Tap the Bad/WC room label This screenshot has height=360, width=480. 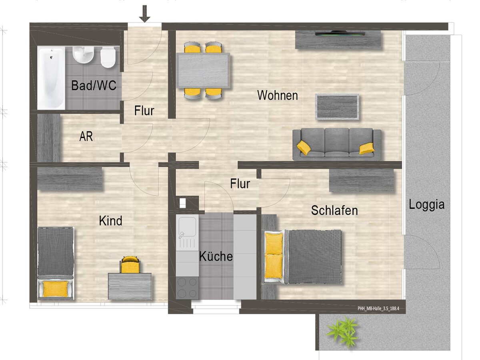click(94, 85)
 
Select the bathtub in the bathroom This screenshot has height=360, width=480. click(51, 78)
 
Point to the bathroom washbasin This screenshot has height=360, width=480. click(83, 55)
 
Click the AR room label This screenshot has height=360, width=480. click(86, 136)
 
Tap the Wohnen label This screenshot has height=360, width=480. click(277, 96)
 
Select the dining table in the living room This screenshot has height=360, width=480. click(203, 70)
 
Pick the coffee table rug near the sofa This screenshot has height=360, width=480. click(337, 107)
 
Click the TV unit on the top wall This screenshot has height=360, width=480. click(338, 40)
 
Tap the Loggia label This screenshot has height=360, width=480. click(427, 205)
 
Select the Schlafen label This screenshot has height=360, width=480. click(334, 210)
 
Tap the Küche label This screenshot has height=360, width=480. click(216, 256)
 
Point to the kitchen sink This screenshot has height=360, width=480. click(187, 232)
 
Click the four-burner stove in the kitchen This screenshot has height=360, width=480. click(187, 287)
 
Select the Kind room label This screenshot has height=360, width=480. click(110, 220)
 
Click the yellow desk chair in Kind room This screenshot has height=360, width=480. click(130, 265)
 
